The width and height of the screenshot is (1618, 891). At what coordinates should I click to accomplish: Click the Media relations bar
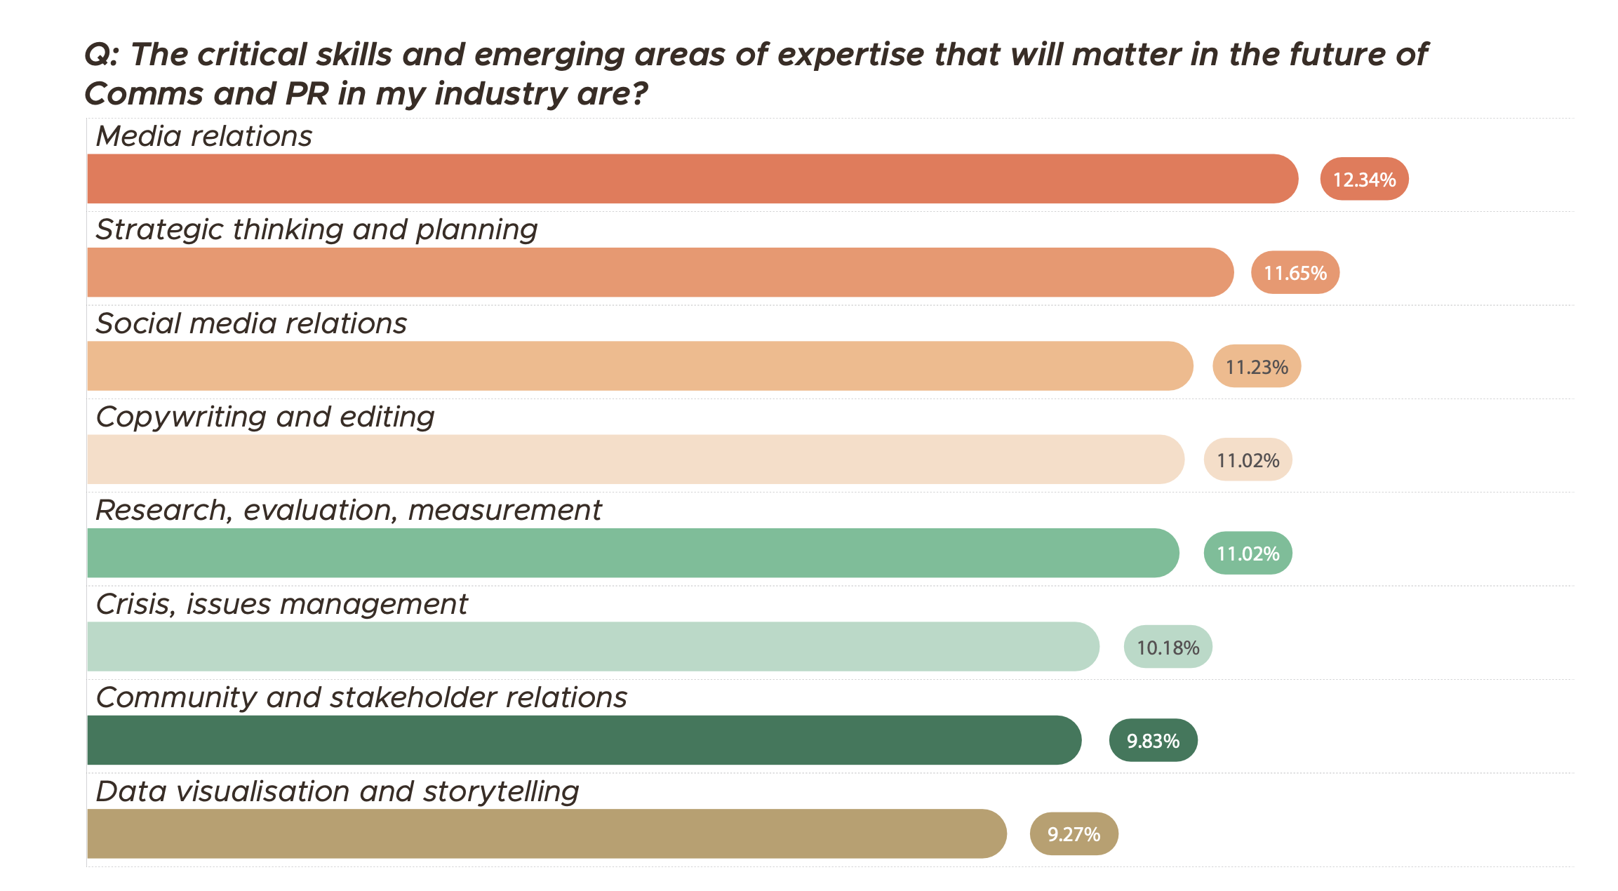[692, 179]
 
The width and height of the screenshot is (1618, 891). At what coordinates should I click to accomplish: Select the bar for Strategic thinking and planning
[660, 272]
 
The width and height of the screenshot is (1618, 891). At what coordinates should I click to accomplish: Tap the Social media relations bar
[639, 366]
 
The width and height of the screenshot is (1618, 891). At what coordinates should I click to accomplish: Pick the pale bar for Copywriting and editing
[635, 460]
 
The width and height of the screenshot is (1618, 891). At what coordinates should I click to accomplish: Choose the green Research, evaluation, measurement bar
[632, 553]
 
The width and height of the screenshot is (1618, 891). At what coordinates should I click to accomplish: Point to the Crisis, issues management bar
[592, 646]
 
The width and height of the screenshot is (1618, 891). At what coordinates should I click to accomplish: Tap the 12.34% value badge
[1364, 179]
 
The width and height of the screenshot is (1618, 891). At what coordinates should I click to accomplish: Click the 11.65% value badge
[1295, 272]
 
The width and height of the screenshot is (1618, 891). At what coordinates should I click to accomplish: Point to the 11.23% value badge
[1257, 366]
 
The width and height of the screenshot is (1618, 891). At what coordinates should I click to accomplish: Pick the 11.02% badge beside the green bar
[1248, 553]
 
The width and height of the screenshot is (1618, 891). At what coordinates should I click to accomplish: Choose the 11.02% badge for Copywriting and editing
[1248, 460]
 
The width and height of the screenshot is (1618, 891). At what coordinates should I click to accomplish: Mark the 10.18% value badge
[1168, 647]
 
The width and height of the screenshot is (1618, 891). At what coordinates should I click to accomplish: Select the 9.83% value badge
[1153, 740]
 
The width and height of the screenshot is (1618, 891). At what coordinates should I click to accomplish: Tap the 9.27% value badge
[1074, 833]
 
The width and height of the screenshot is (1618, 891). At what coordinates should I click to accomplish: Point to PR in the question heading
[307, 93]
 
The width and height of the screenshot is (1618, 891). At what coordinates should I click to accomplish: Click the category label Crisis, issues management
[281, 604]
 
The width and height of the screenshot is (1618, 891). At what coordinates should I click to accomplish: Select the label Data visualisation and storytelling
[337, 791]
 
